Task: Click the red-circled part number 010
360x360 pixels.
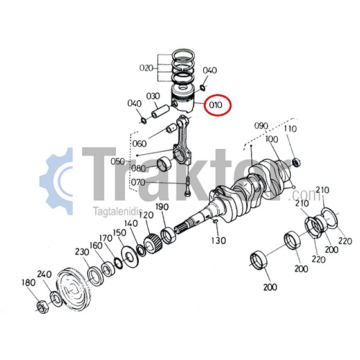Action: click(x=215, y=105)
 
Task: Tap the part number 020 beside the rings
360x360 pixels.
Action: click(x=147, y=68)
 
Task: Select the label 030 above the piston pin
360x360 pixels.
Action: click(x=153, y=96)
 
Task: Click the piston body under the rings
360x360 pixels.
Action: click(x=183, y=99)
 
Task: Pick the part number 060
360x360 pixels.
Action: click(x=139, y=144)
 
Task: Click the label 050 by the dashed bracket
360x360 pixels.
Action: click(x=118, y=161)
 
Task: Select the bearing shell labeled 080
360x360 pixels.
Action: click(x=165, y=162)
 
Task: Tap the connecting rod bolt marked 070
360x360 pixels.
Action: click(x=188, y=186)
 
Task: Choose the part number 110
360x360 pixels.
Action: click(x=291, y=129)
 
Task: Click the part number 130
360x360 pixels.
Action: click(x=219, y=240)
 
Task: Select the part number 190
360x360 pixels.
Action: click(x=162, y=207)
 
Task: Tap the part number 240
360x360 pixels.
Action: click(x=44, y=274)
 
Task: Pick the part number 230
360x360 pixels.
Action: click(x=82, y=252)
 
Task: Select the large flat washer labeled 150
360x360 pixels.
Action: click(x=129, y=257)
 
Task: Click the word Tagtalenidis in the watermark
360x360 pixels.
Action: click(x=118, y=211)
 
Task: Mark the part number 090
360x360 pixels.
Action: click(x=261, y=126)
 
